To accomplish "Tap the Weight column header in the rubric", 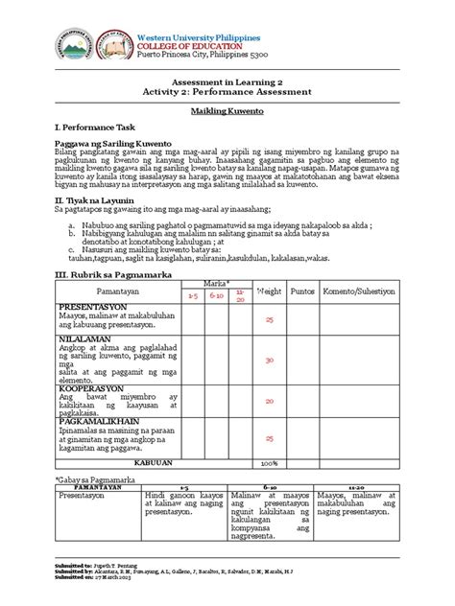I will pyautogui.click(x=270, y=316).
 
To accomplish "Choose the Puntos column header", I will pyautogui.click(x=303, y=316).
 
